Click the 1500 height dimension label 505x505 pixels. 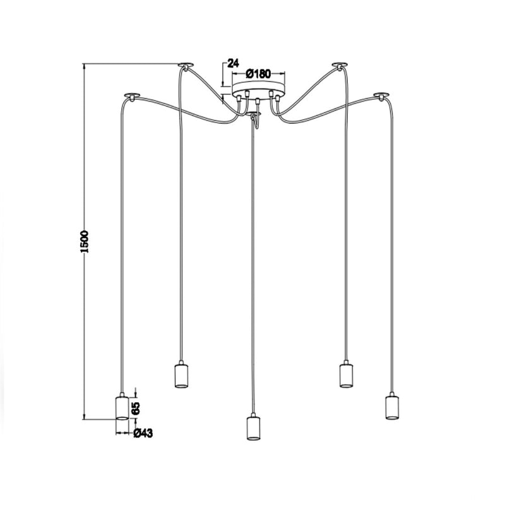(85, 242)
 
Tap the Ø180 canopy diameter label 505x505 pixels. (258, 74)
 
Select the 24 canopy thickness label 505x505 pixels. (233, 62)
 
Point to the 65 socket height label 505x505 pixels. (136, 408)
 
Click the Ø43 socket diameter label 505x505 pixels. (143, 434)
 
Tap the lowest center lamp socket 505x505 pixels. (253, 428)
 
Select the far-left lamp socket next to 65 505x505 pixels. (122, 407)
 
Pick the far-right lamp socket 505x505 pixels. (392, 406)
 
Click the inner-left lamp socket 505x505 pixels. (181, 374)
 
